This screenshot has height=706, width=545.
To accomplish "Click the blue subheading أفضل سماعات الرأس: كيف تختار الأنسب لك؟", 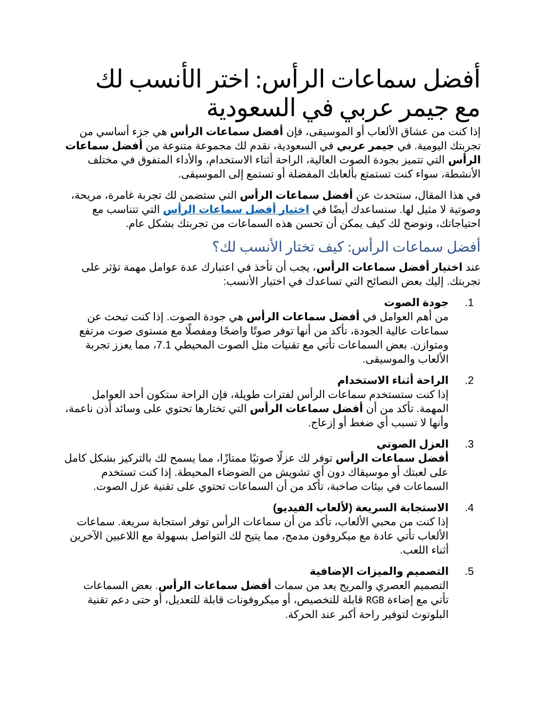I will [346, 247].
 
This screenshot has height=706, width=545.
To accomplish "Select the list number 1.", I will [469, 303].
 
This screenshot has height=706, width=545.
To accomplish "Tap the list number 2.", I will [469, 380].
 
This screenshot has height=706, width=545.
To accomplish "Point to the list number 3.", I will [469, 444].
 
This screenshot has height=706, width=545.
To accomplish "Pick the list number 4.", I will [469, 508].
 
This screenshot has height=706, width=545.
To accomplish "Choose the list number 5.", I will [469, 572].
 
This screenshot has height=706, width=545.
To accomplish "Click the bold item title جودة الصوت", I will [416, 303].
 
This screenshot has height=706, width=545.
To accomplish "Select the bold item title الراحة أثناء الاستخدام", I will [393, 380].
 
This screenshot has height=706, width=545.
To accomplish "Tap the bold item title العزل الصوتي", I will [412, 444].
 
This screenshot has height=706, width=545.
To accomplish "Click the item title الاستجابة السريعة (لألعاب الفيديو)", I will [360, 508].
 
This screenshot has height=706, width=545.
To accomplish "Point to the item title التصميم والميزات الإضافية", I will [379, 572].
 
